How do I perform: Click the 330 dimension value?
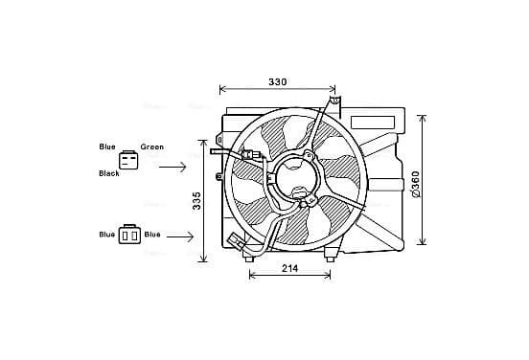coord(277,82)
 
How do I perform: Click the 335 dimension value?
coord(196,201)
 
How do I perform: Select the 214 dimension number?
coord(289,268)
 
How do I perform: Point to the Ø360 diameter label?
coord(416,184)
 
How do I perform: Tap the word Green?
coord(152,146)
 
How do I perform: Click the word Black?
coord(109,173)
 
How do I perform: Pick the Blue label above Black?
coord(107,146)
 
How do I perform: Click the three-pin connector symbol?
coord(128,160)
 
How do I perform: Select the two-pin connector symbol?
coord(129,235)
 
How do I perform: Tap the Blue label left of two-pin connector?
coord(107,235)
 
